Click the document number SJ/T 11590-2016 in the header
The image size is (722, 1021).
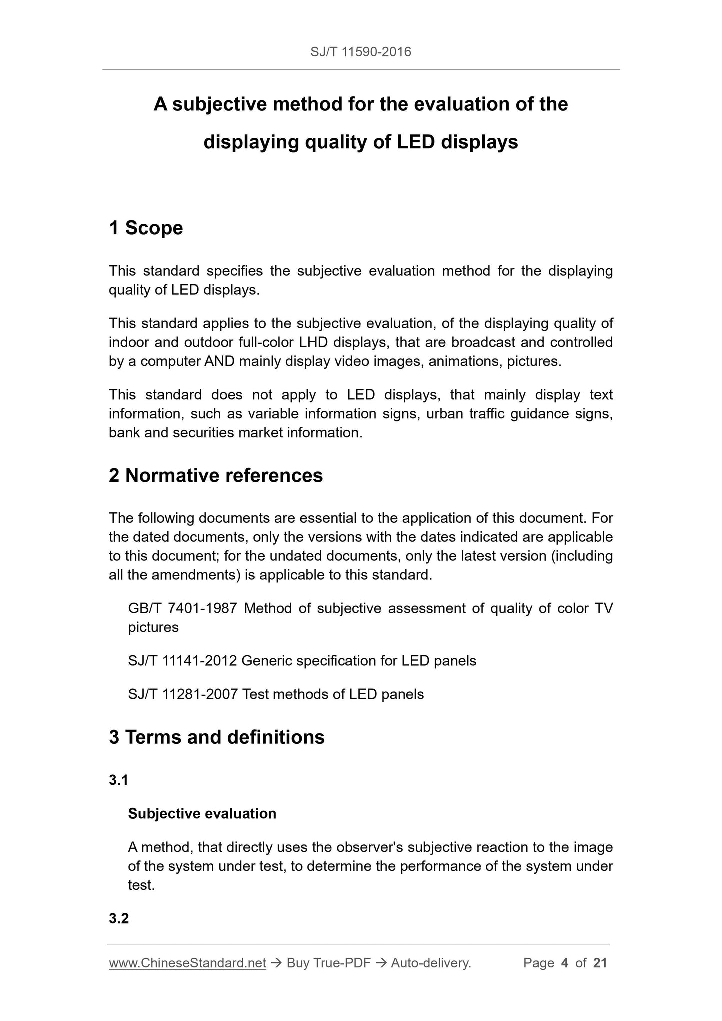click(x=360, y=52)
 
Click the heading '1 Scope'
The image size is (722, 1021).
click(x=146, y=228)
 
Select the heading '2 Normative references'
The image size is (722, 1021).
click(x=216, y=475)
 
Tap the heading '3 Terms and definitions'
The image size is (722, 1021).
click(x=217, y=737)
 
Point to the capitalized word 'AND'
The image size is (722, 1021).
click(x=219, y=361)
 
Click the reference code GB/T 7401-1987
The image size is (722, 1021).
click(x=182, y=608)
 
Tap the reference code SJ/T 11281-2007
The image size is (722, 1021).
click(x=182, y=694)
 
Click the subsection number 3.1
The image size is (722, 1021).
click(x=118, y=780)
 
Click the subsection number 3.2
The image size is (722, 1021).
click(x=119, y=918)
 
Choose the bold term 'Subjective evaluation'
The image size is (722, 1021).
click(x=202, y=814)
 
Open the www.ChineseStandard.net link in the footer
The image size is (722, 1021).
click(x=187, y=963)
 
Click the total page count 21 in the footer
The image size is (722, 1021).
click(x=600, y=963)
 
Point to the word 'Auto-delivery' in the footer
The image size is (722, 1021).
click(x=430, y=963)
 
